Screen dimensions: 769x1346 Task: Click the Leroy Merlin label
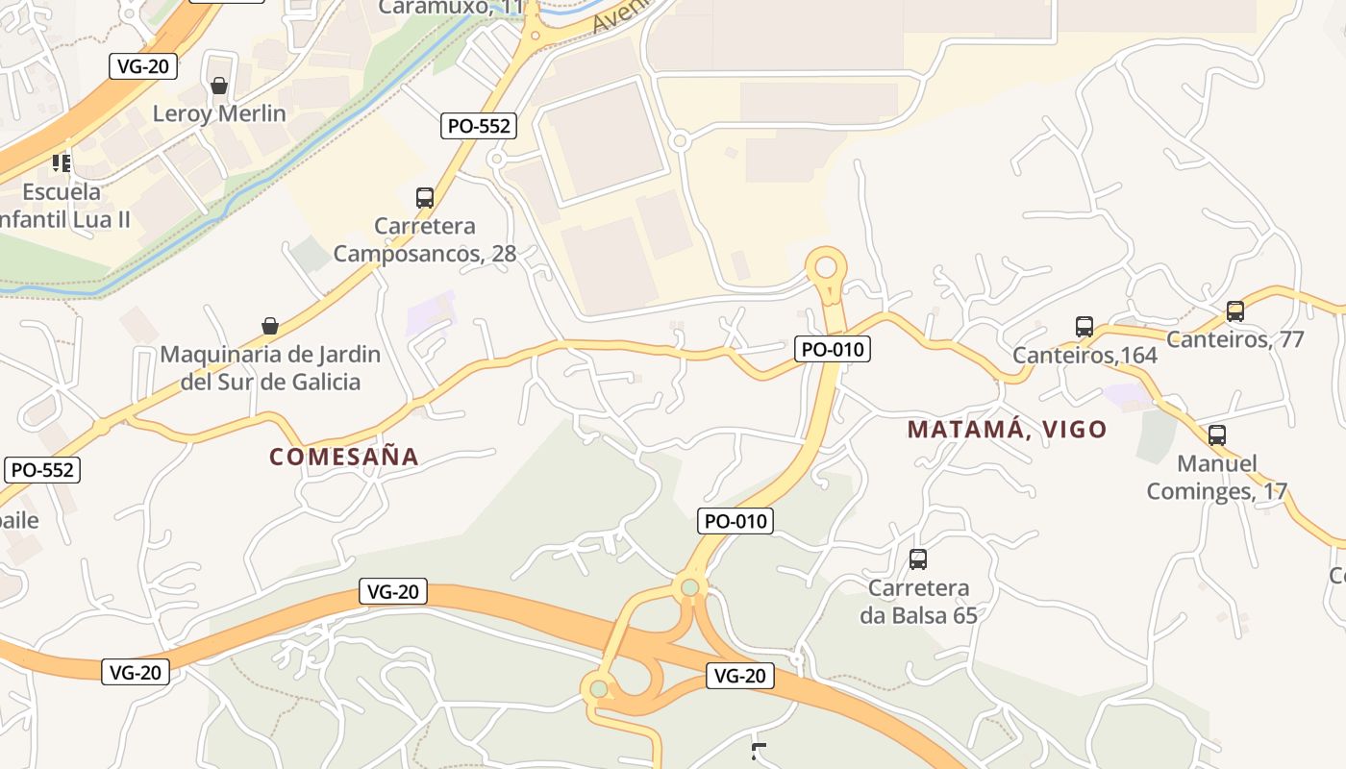219,113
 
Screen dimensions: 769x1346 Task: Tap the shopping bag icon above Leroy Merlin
219,87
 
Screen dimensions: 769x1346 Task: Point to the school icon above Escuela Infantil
62,162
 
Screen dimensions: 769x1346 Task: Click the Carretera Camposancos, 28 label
424,240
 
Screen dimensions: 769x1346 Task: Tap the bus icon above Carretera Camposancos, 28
425,198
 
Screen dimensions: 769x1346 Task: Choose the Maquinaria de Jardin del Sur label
270,368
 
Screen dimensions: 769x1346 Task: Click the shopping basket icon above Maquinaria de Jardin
270,327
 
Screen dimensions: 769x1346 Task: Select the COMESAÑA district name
344,457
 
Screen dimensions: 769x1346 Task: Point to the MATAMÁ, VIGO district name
1007,430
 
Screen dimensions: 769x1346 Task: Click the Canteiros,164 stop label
1084,356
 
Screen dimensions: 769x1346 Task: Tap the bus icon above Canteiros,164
1084,327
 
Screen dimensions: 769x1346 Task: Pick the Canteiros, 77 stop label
1234,338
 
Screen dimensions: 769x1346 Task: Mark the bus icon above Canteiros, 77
1235,311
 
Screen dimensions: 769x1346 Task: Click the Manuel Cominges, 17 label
1216,478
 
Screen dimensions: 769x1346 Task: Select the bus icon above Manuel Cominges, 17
1217,434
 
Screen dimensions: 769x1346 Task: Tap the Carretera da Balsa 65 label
918,601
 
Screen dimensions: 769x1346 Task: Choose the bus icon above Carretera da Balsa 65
918,558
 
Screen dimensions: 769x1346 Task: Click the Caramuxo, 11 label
452,8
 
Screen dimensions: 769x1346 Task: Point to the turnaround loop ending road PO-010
826,265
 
